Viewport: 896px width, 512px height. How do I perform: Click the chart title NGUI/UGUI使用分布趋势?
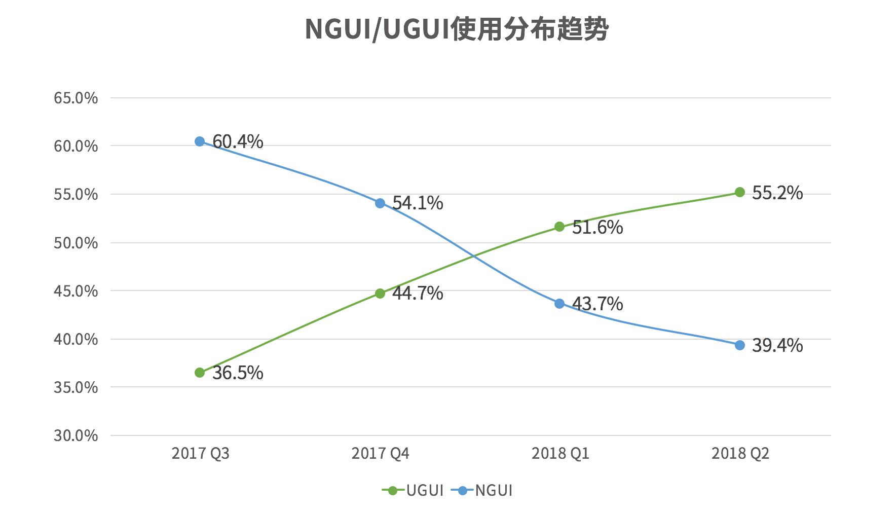[x=457, y=29]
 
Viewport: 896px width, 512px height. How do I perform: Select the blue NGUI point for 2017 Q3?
[x=200, y=141]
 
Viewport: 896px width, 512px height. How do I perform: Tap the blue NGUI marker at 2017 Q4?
[x=380, y=203]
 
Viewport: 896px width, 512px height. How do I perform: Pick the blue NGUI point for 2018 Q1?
[x=559, y=304]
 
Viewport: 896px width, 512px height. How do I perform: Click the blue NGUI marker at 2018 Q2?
[x=740, y=345]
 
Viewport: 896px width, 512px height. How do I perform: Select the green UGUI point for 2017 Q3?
[x=200, y=373]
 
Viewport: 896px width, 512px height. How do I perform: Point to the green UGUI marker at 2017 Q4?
[x=380, y=294]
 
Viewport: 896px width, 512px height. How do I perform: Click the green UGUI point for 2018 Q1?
[x=559, y=227]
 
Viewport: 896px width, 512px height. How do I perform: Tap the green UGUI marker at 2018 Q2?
[x=740, y=192]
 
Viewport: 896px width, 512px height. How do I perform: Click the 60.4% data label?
[x=238, y=141]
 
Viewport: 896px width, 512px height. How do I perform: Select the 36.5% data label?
[x=238, y=373]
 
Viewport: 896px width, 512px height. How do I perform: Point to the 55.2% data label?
[x=777, y=193]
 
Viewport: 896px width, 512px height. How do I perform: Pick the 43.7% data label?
[x=598, y=304]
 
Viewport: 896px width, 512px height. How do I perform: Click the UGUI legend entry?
[x=414, y=491]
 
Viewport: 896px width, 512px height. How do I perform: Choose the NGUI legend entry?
[x=482, y=491]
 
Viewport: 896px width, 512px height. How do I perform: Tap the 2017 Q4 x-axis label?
[x=380, y=453]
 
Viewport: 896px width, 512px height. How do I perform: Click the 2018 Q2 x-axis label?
[x=740, y=453]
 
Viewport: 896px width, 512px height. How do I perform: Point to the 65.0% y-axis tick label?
[x=76, y=98]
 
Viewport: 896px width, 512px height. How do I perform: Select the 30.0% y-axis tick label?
[x=76, y=435]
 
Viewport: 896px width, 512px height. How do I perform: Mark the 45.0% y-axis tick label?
[x=76, y=291]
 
